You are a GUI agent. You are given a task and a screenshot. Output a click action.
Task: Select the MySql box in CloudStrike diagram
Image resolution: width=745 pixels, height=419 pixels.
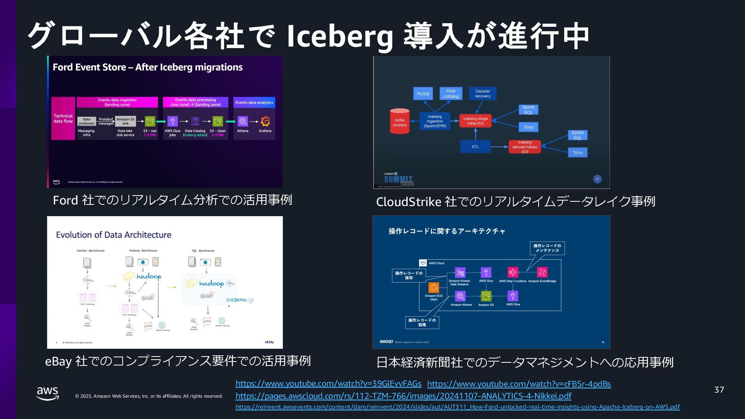pyautogui.click(x=423, y=93)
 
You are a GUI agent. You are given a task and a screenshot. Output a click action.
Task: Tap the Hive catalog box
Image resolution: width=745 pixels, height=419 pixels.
pyautogui.click(x=450, y=93)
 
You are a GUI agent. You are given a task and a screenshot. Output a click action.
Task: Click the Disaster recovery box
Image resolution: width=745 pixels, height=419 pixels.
pyautogui.click(x=482, y=93)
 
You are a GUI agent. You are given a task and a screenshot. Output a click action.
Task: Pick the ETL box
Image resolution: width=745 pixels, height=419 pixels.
pyautogui.click(x=475, y=147)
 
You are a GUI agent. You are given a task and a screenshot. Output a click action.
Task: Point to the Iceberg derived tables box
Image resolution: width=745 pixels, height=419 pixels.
pyautogui.click(x=525, y=147)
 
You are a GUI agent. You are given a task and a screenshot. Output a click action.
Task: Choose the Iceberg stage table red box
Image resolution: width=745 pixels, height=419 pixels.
pyautogui.click(x=475, y=121)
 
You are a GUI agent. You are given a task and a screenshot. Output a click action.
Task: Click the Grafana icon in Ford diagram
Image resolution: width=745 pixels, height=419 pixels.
pyautogui.click(x=265, y=121)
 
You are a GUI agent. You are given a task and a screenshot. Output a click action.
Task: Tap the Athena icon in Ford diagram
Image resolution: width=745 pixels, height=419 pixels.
pyautogui.click(x=243, y=121)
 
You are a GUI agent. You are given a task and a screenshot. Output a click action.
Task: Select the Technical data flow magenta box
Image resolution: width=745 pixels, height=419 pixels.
pyautogui.click(x=63, y=118)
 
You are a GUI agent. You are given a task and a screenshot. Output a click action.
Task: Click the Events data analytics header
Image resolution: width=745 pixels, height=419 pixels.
pyautogui.click(x=254, y=102)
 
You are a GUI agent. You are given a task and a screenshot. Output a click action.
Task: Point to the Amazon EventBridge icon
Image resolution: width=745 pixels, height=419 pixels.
pyautogui.click(x=542, y=272)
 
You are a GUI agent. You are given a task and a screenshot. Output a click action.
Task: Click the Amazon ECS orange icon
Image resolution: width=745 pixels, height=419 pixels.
pyautogui.click(x=433, y=287)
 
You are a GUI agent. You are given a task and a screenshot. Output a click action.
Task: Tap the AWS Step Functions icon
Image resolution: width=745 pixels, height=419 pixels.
pyautogui.click(x=513, y=272)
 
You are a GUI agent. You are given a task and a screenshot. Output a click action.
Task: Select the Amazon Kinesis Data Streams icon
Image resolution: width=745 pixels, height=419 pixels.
pyautogui.click(x=460, y=272)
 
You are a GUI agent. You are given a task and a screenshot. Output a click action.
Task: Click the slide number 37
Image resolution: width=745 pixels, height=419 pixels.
pyautogui.click(x=719, y=390)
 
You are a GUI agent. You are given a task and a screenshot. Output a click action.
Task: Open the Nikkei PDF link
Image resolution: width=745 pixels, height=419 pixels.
pyautogui.click(x=403, y=396)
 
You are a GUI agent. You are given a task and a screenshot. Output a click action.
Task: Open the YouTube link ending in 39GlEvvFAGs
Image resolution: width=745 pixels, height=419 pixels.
pyautogui.click(x=328, y=384)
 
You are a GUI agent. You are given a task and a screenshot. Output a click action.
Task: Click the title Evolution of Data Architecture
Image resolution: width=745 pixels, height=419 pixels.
pyautogui.click(x=113, y=235)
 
